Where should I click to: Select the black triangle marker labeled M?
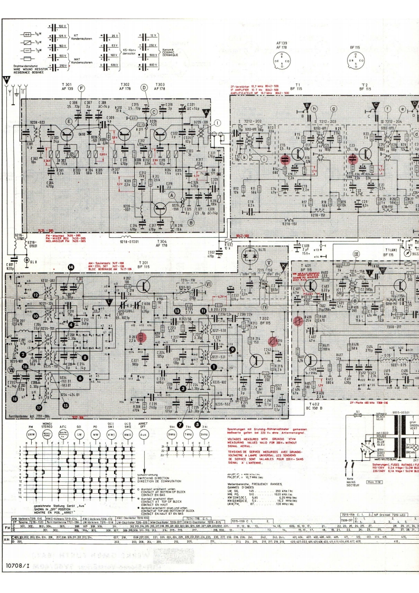click(x=6, y=81)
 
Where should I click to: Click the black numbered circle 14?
click(x=71, y=268)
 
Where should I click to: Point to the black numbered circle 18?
click(x=15, y=398)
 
